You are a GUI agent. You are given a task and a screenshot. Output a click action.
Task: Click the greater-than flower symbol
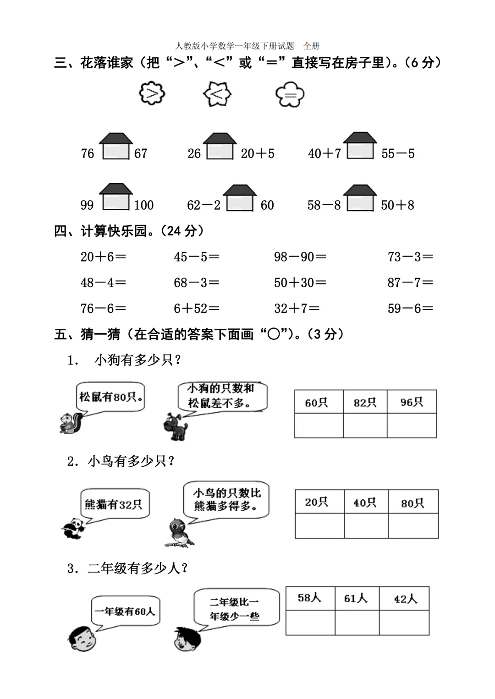click(x=152, y=93)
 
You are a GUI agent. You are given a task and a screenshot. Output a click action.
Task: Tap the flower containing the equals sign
click(x=290, y=94)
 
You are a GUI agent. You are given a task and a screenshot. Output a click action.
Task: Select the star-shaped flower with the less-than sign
click(x=217, y=94)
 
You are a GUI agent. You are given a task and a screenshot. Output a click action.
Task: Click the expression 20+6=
click(x=103, y=257)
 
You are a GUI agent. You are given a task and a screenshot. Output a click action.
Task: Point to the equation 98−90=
click(x=300, y=257)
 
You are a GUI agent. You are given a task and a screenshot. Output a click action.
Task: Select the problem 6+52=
click(x=196, y=309)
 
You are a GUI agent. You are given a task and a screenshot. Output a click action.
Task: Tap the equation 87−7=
click(x=410, y=283)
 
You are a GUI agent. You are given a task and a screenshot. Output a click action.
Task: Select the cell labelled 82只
click(x=365, y=402)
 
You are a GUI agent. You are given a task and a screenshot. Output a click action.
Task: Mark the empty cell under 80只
click(x=413, y=525)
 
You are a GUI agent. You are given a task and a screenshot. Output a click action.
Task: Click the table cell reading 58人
click(x=310, y=598)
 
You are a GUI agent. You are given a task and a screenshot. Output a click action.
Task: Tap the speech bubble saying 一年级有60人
click(x=125, y=611)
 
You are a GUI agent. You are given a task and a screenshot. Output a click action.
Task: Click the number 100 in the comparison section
click(x=144, y=205)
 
